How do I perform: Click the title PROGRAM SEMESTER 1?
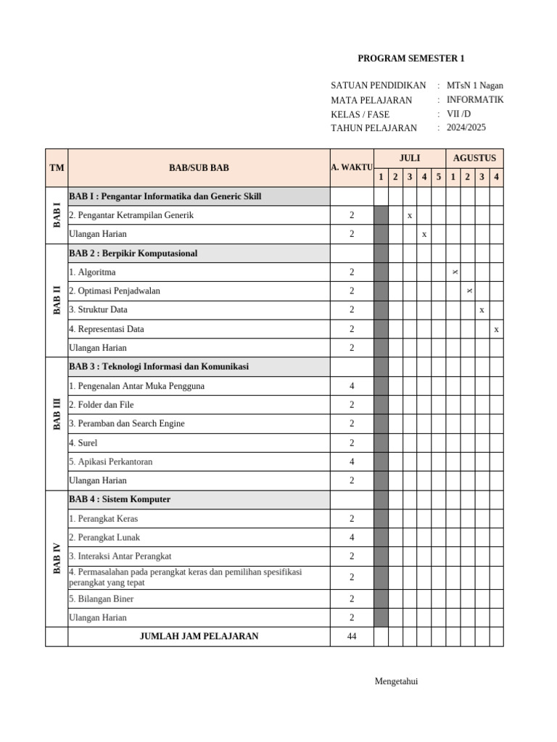411,59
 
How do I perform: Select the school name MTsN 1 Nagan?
475,86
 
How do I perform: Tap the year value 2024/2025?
466,128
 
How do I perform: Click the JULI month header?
410,158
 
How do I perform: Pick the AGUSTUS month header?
474,158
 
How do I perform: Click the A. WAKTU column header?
352,167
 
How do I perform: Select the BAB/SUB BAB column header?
199,167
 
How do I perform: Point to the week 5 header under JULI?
438,177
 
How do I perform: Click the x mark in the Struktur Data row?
482,310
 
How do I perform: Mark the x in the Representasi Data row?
496,329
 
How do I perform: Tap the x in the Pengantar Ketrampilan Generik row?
410,215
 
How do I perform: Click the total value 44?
352,636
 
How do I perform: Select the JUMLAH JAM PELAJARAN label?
199,636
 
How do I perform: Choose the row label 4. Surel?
83,443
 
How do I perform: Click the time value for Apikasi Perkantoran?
352,462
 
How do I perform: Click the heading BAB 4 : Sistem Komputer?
120,499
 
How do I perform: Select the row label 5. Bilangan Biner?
102,599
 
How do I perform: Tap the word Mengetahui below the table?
396,681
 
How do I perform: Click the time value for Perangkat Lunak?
352,538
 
